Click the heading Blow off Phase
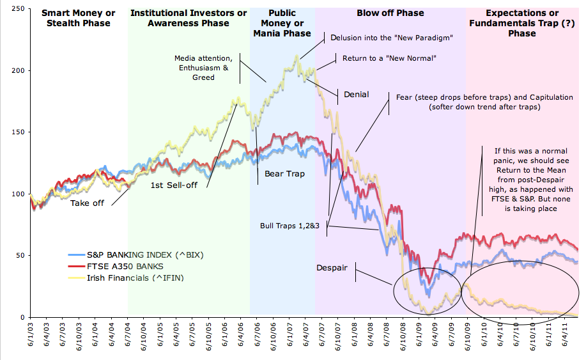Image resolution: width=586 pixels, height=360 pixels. (x=390, y=13)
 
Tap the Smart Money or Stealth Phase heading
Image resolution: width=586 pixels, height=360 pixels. (x=78, y=18)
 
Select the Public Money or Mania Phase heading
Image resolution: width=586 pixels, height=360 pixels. (x=282, y=23)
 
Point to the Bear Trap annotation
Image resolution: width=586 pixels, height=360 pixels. (x=284, y=173)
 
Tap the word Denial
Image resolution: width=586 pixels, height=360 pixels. (x=356, y=95)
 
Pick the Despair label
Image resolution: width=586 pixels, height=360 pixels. (x=332, y=268)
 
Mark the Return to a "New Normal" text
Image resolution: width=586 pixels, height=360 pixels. (x=389, y=58)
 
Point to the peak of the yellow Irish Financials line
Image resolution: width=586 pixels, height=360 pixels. (x=297, y=56)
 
